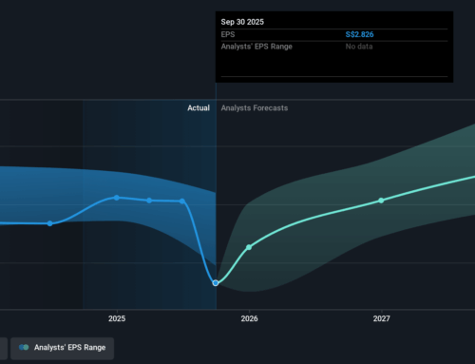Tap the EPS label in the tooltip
228,34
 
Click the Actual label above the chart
198,108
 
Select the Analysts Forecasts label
254,108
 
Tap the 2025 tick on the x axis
117,318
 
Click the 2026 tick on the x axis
249,318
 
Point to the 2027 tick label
381,318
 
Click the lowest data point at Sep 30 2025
216,283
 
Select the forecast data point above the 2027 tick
381,201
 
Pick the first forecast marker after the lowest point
249,247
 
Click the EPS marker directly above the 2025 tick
117,198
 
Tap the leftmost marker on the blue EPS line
50,223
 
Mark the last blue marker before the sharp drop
182,201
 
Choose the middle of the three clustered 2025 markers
149,201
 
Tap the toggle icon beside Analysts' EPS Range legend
25,348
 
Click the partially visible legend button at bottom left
4,348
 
